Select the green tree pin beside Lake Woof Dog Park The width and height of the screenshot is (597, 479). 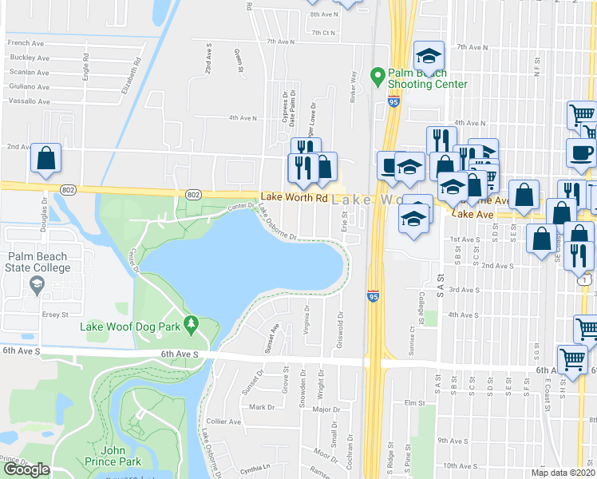point(190,323)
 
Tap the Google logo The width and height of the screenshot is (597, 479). point(26,469)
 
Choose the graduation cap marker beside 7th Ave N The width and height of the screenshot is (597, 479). point(429,55)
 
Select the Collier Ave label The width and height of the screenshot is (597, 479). point(222,421)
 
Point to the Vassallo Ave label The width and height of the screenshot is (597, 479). point(30,101)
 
